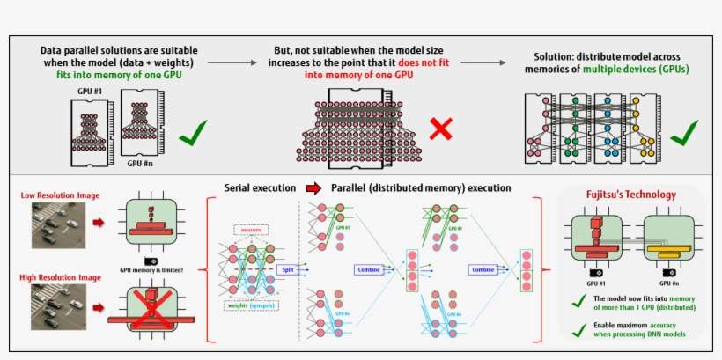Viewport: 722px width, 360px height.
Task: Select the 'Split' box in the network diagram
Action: pyautogui.click(x=286, y=270)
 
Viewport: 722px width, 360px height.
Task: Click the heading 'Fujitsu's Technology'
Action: pyautogui.click(x=631, y=194)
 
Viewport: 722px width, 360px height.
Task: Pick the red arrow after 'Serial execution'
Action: pyautogui.click(x=313, y=187)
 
